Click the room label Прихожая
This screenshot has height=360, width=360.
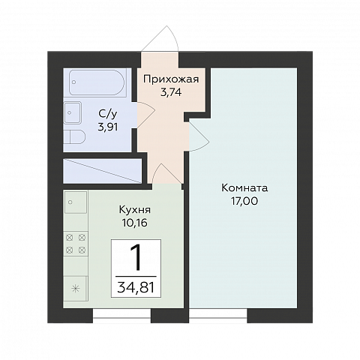(171, 79)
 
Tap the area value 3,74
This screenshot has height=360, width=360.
(171, 93)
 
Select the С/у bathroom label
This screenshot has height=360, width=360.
(108, 115)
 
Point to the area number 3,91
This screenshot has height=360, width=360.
(108, 127)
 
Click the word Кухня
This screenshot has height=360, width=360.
(135, 210)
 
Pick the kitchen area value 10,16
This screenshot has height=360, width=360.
(135, 223)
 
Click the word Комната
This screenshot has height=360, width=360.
(244, 188)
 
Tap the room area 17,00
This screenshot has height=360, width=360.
(244, 201)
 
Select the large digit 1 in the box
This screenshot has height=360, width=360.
(136, 258)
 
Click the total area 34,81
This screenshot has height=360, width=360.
(136, 287)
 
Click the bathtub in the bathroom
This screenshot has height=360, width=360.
(97, 82)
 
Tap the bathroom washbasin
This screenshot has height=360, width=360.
(73, 112)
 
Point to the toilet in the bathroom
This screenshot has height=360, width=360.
(74, 136)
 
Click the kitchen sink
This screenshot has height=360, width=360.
(76, 202)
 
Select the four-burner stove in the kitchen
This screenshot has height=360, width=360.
(76, 244)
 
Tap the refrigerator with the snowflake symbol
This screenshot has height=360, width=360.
(75, 289)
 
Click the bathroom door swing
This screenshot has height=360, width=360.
(146, 115)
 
